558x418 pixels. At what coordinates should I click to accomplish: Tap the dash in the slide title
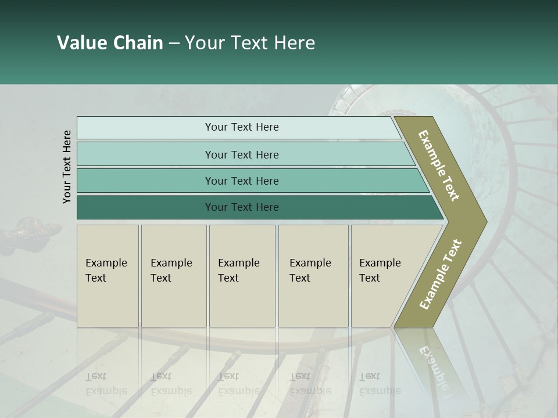174,44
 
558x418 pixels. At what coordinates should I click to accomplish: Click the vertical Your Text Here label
67,167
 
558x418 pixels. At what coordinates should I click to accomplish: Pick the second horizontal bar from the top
241,154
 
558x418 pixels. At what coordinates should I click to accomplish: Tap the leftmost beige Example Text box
108,276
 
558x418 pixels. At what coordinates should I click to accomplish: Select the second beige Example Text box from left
174,276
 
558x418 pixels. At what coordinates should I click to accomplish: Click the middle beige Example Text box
242,276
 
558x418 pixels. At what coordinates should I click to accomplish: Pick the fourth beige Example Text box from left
313,276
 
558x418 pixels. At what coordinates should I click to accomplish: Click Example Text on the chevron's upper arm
439,165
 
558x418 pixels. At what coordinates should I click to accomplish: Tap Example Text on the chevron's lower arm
441,274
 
